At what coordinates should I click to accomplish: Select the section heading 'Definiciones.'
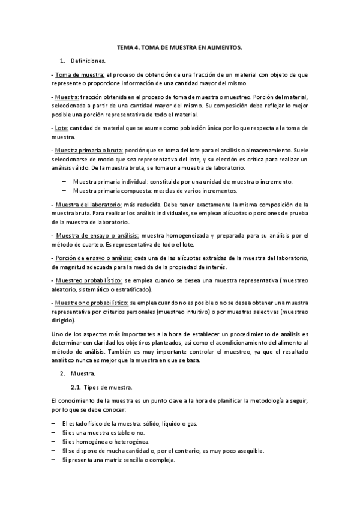click(88, 61)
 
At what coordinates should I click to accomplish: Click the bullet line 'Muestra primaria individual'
click(182, 181)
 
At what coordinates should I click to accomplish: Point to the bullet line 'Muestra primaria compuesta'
click(155, 191)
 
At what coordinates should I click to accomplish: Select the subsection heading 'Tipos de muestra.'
click(108, 387)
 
